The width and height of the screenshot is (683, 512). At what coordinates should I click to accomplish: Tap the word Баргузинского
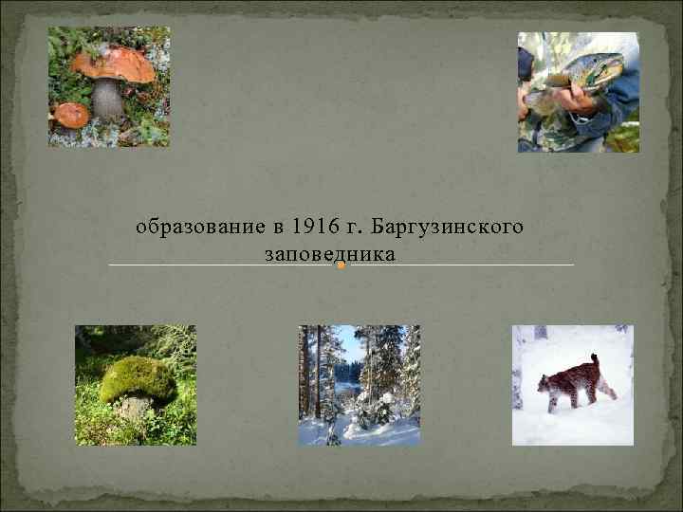449,228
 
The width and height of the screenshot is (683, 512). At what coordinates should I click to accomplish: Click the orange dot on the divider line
341,265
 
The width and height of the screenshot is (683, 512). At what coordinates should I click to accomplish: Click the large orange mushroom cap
113,64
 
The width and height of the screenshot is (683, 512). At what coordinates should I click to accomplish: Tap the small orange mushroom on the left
71,115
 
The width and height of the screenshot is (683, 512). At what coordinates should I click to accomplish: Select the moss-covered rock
138,381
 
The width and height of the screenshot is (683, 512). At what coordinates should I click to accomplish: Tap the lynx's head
546,382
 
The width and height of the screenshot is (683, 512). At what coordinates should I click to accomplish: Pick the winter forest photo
359,385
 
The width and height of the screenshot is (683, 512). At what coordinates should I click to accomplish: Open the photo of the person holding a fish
578,92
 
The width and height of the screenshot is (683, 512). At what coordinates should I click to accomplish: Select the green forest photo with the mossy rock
136,385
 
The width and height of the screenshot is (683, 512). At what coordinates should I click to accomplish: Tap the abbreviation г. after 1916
357,228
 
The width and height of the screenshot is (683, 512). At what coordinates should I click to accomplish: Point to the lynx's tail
596,361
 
